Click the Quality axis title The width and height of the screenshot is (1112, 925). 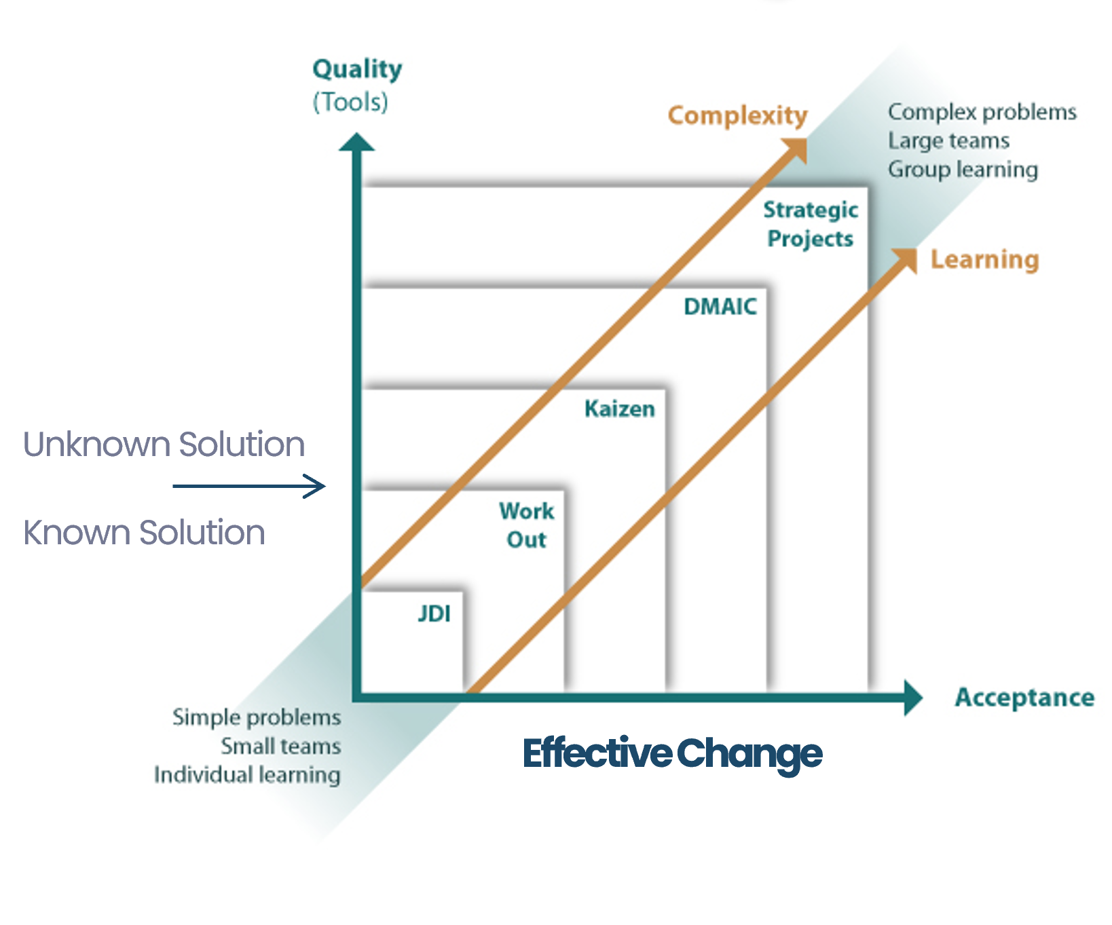coord(357,70)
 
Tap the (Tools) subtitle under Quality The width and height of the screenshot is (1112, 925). coord(350,102)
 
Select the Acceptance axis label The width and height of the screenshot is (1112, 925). coord(1024,698)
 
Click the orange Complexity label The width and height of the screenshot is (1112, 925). coord(738,116)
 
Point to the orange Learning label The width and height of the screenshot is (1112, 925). coord(984,260)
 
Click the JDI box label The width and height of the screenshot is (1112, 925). coord(434,613)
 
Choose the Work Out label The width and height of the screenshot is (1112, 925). coord(527,525)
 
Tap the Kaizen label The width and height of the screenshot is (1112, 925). coord(620,409)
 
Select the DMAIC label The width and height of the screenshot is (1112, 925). coord(720,307)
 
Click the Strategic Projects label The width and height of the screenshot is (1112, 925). coord(811,225)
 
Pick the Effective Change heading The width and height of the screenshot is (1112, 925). coord(672,754)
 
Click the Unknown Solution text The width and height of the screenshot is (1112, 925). coord(164,445)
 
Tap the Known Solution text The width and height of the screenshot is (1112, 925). coord(144,533)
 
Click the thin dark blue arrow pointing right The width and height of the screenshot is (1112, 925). coord(249,486)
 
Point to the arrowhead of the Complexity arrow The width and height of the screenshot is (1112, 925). coord(796,149)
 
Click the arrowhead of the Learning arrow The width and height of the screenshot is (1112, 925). coord(905,260)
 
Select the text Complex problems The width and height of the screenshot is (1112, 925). coord(982,113)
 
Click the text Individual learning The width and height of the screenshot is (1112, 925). coord(247,775)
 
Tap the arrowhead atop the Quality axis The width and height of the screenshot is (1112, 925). coord(357,142)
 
